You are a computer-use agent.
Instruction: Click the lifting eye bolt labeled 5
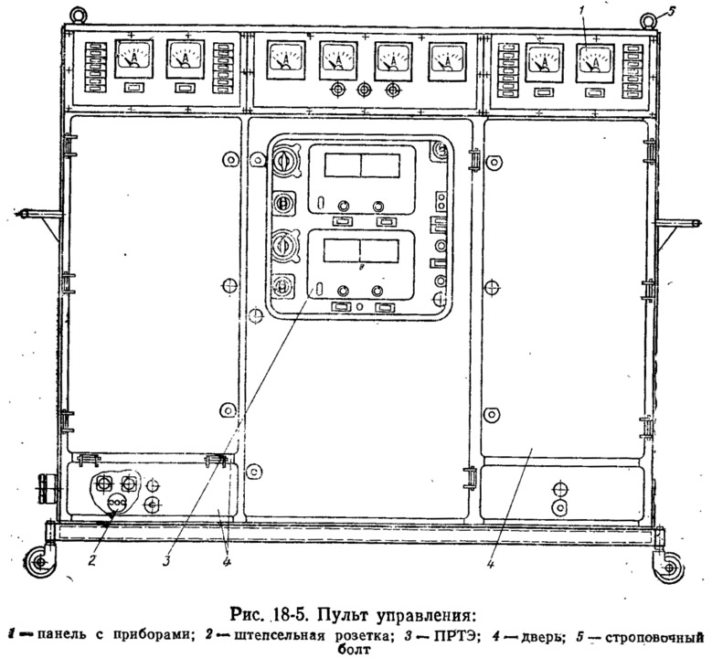(648, 20)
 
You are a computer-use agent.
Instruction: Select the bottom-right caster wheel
(669, 566)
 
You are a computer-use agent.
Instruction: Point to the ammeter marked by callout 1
(594, 63)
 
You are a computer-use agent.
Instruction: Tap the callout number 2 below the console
(91, 560)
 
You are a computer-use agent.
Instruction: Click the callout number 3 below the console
(166, 560)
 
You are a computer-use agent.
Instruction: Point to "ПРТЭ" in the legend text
(450, 636)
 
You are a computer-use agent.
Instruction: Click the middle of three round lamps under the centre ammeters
(362, 90)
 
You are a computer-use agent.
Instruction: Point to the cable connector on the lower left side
(46, 489)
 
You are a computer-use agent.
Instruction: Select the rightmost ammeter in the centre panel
(447, 63)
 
